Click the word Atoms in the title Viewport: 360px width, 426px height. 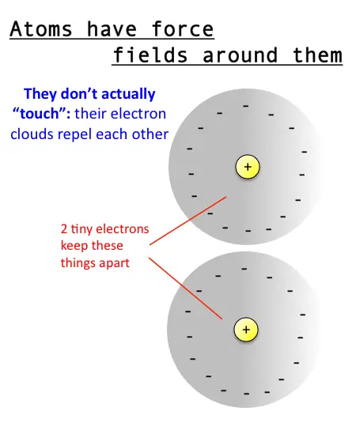pos(41,28)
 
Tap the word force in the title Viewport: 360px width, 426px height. pos(183,28)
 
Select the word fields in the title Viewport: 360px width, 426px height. pos(150,55)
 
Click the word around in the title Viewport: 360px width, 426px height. pos(240,56)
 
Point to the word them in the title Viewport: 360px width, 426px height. pos(317,55)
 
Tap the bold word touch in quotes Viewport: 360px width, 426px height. pos(40,114)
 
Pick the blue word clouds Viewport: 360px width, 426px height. pos(32,134)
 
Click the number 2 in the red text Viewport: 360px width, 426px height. pos(64,229)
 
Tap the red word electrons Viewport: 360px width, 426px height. pos(123,229)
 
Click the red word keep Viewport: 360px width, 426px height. pos(73,245)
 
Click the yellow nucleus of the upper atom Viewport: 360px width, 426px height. pos(248,167)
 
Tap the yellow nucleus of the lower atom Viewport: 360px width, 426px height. pos(246,330)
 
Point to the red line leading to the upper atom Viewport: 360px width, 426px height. pos(188,221)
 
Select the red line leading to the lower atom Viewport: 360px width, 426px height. pos(186,288)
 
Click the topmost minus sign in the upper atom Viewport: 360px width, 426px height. pos(246,106)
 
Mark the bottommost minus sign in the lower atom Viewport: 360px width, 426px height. pos(247,394)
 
